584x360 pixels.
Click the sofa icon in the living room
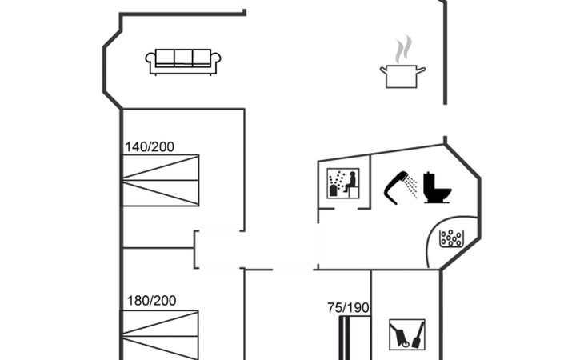(x=183, y=62)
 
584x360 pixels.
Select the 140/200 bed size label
(x=150, y=146)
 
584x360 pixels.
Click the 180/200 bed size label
(x=151, y=301)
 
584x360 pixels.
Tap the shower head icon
(x=394, y=189)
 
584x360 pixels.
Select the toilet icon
(x=437, y=188)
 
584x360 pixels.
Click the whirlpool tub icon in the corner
(x=453, y=238)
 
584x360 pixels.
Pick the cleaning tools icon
(x=406, y=334)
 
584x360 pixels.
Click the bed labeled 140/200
(x=160, y=180)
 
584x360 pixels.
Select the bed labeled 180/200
(x=160, y=334)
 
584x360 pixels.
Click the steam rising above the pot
(x=405, y=48)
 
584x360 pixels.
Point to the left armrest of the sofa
(x=150, y=62)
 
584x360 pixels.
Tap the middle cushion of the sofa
(x=183, y=58)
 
